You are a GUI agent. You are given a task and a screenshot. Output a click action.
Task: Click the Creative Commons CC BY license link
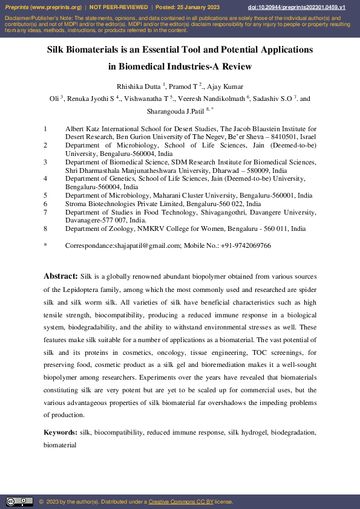(x=181, y=502)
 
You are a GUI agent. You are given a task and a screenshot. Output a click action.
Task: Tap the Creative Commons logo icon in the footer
(x=19, y=502)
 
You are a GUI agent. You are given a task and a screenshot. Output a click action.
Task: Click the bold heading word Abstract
(x=60, y=276)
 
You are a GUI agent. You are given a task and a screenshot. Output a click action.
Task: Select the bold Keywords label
(x=60, y=432)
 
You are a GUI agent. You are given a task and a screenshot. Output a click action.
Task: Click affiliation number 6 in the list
(x=45, y=204)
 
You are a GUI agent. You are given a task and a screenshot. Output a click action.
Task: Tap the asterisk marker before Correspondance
(x=45, y=245)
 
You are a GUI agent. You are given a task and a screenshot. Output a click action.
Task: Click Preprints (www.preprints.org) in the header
(x=43, y=7)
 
